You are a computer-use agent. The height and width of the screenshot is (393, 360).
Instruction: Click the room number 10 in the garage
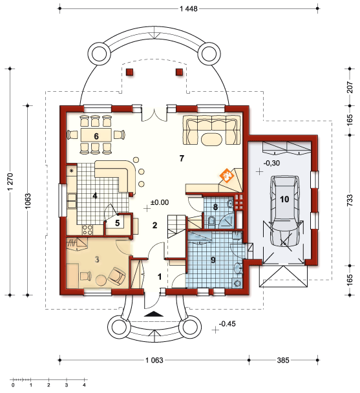(284, 199)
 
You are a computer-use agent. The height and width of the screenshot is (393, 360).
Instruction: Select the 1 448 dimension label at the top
(189, 9)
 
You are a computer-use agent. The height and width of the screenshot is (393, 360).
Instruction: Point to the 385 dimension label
(283, 361)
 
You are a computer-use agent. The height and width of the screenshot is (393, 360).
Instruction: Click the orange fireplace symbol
(227, 175)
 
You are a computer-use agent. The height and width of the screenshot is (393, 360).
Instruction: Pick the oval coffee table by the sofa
(212, 140)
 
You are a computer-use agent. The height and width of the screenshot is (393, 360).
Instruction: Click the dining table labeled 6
(96, 136)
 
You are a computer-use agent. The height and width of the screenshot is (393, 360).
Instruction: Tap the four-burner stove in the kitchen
(87, 230)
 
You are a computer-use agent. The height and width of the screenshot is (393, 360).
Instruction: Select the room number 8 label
(215, 207)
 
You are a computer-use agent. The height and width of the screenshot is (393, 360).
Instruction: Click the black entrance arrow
(154, 314)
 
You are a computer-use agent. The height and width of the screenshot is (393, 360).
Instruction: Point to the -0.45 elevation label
(228, 324)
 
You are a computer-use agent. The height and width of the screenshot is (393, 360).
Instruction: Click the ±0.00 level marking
(160, 202)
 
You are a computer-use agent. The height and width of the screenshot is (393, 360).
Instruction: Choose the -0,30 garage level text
(271, 163)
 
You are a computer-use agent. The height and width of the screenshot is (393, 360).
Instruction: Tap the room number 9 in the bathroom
(213, 260)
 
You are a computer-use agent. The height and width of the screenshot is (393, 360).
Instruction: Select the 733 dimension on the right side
(350, 200)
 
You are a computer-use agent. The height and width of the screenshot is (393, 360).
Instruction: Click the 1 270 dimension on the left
(10, 182)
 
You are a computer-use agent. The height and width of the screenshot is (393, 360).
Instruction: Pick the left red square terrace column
(130, 72)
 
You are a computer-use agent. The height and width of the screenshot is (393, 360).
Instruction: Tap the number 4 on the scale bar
(84, 385)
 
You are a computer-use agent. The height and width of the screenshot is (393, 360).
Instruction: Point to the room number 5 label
(118, 223)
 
